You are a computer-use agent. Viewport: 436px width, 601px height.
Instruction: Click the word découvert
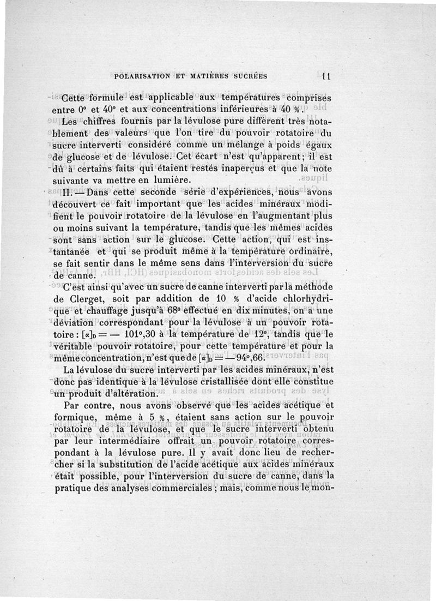click(87, 205)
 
